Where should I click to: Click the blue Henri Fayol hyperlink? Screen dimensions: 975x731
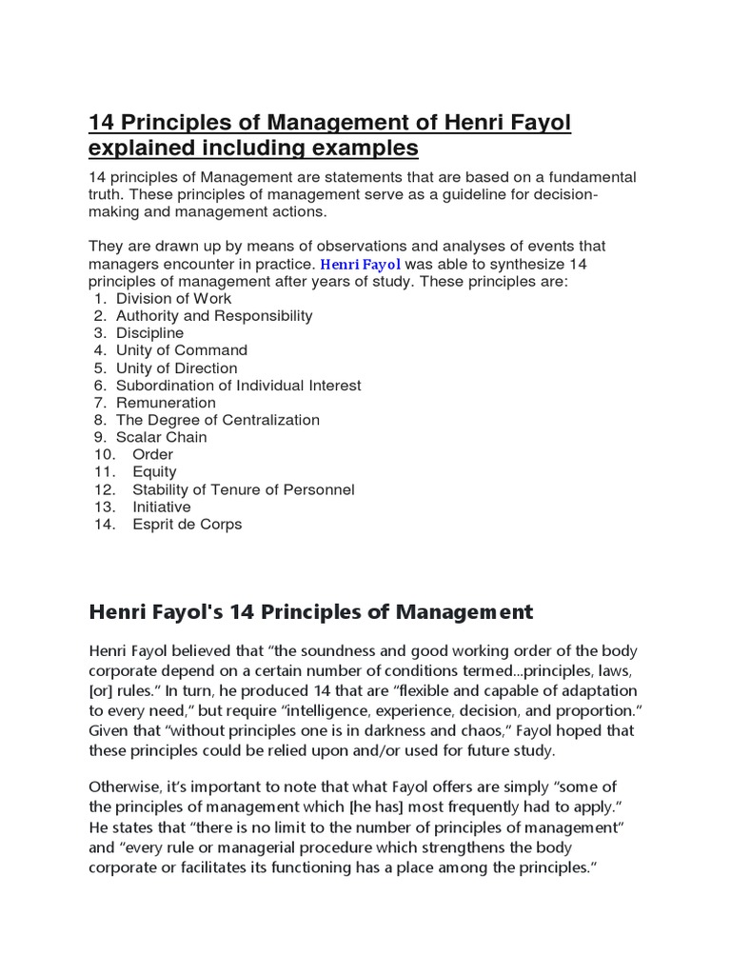point(361,264)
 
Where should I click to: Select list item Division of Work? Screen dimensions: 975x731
point(168,299)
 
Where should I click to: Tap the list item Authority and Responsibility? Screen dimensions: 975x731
point(214,316)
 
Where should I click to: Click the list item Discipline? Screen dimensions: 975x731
point(149,333)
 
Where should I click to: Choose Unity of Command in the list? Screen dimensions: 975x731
point(182,350)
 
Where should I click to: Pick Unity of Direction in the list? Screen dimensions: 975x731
point(177,368)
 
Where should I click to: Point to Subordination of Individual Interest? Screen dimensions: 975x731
point(239,386)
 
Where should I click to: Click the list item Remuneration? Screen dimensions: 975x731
point(166,403)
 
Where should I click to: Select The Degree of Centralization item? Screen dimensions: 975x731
point(218,420)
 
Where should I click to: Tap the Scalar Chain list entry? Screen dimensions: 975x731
point(162,437)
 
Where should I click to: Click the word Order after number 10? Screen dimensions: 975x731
point(152,455)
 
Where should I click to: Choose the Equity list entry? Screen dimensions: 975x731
point(154,472)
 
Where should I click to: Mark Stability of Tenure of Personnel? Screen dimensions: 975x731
point(244,489)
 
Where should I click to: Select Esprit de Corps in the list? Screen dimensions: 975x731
point(188,525)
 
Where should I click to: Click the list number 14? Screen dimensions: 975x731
point(104,525)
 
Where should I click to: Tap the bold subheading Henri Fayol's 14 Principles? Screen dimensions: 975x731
point(311,611)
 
